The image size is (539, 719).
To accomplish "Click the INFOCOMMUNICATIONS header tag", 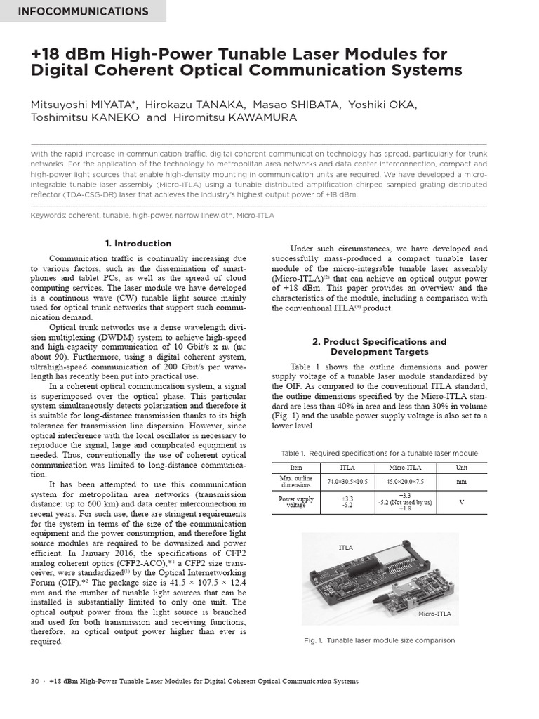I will pos(83,11).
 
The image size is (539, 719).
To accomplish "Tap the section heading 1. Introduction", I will pos(138,244).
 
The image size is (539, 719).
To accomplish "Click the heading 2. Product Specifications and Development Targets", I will pos(379,347).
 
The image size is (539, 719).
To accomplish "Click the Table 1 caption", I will pos(379,454).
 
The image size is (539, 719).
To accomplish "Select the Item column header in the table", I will pos(295,467).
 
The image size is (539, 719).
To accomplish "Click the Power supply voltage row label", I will pos(295,503).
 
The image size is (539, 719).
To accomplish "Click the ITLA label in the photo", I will pos(345,547).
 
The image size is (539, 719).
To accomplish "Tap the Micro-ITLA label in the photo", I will pos(435,614).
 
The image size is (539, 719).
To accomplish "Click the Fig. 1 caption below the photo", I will pos(379,640).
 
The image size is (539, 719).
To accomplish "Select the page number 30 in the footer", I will pos(35,682).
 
